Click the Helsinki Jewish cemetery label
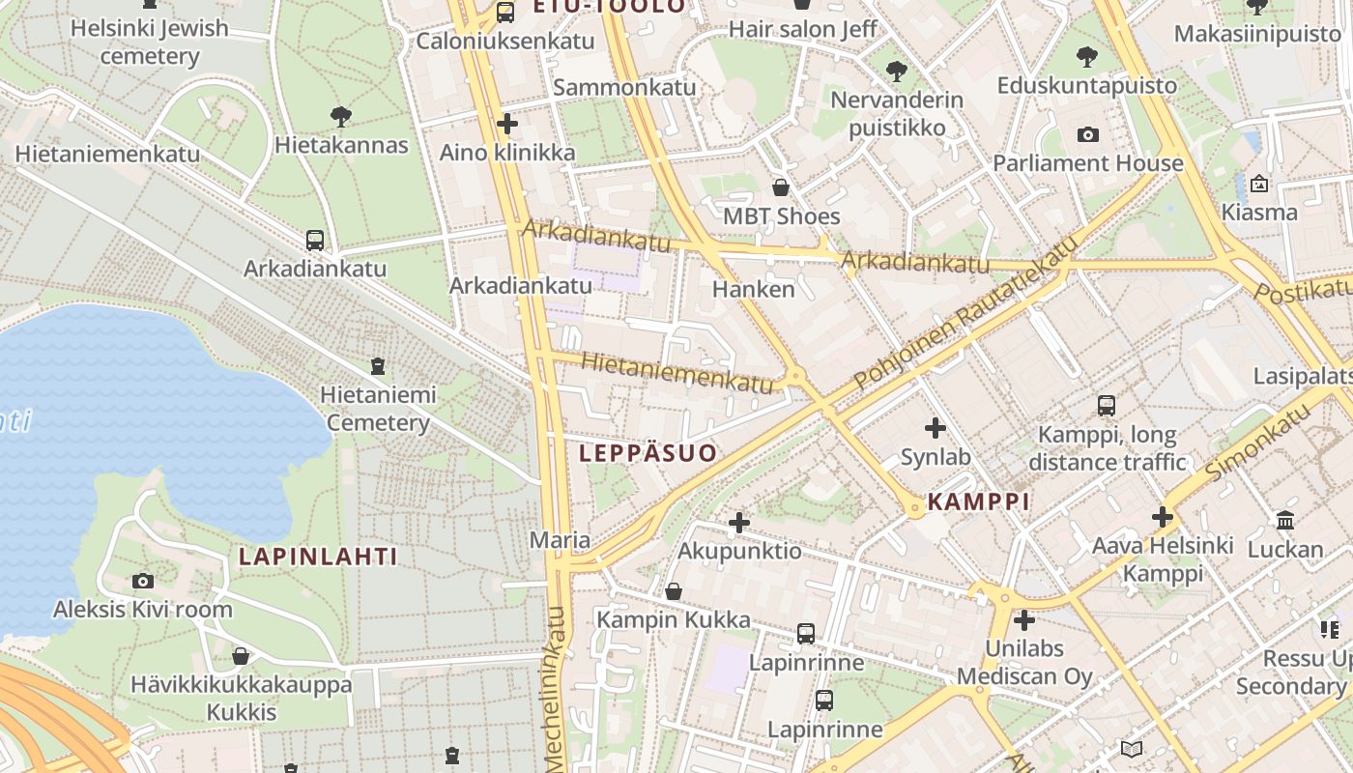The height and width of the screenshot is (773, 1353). coord(149,42)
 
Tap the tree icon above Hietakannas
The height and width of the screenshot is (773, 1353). coord(340,117)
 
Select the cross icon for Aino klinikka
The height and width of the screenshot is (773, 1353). coord(506,124)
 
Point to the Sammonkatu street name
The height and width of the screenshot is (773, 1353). coord(624,87)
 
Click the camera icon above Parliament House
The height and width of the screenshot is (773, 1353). coord(1087,134)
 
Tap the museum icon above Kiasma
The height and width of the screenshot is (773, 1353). coord(1258,184)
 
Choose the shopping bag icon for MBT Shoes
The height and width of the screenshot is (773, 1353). coord(781,187)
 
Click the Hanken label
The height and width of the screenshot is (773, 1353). coord(753,289)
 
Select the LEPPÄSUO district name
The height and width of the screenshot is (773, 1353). coord(648,453)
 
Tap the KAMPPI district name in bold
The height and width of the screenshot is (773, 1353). coord(978,501)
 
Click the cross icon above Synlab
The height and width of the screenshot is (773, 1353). coord(935,427)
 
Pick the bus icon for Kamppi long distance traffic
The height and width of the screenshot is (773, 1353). coord(1107,406)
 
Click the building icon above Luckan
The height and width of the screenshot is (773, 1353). coord(1284,521)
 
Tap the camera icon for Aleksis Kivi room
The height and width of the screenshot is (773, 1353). coord(143,581)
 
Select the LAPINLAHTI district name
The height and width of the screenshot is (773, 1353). coord(318,557)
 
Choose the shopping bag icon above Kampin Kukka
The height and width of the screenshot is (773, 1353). coord(674,590)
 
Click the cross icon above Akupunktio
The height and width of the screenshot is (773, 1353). coord(739,523)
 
